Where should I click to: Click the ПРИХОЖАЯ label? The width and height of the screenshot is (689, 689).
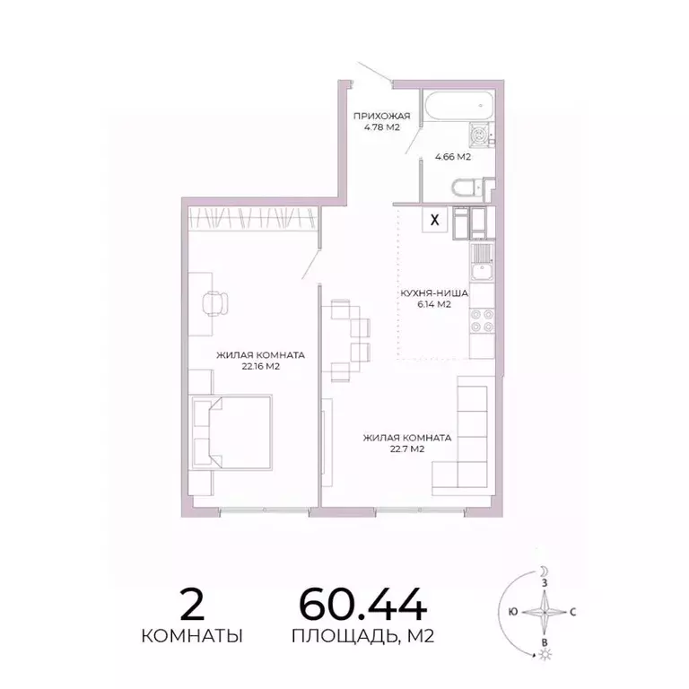point(381,116)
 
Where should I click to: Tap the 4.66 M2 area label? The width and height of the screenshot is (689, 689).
point(453,157)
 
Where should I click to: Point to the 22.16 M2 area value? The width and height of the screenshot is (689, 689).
point(258,366)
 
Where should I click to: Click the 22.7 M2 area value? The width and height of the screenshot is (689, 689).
point(406,449)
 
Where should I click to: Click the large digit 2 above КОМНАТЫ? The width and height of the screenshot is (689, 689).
point(193,604)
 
